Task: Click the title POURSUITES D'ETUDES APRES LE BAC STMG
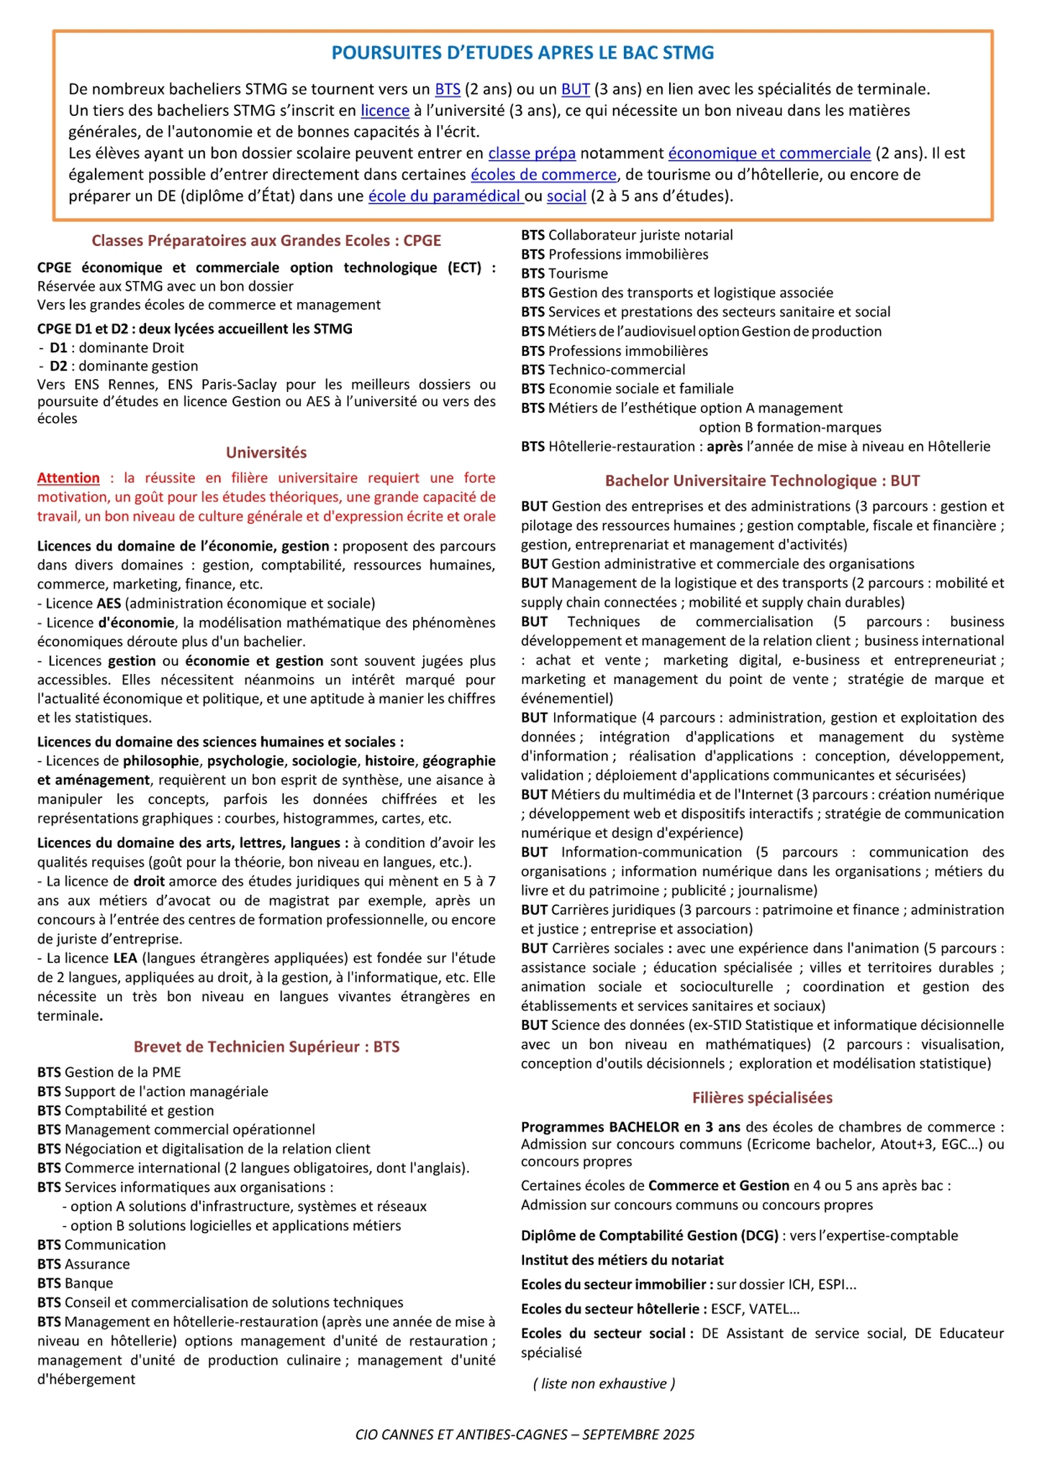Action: [522, 53]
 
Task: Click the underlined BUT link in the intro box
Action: [576, 89]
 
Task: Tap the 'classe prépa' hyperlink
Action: [532, 153]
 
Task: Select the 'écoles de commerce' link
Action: [544, 175]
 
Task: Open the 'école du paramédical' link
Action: [445, 196]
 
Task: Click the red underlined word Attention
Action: [68, 478]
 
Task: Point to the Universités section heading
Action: [266, 452]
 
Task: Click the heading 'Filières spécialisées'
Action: [762, 1098]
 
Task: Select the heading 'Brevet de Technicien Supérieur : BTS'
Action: [266, 1046]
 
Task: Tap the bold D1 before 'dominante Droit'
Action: [58, 348]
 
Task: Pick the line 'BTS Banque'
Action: [75, 1283]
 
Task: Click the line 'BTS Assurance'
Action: [83, 1264]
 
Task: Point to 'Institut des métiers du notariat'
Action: [622, 1260]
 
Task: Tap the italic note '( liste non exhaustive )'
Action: [604, 1383]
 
